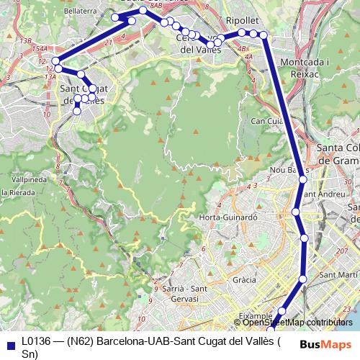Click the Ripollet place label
pyautogui.click(x=242, y=21)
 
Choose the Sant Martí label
pyautogui.click(x=334, y=275)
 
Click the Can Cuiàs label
pyautogui.click(x=265, y=122)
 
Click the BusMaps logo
pyautogui.click(x=330, y=344)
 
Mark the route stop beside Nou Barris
pyautogui.click(x=303, y=180)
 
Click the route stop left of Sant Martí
pyautogui.click(x=303, y=279)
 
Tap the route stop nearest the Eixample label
pyautogui.click(x=282, y=312)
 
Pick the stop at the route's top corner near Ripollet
pyautogui.click(x=264, y=35)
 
